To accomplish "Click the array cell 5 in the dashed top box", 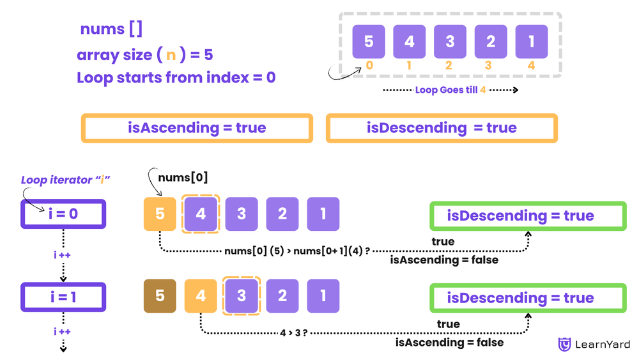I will pyautogui.click(x=369, y=42).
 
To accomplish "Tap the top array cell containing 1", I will pyautogui.click(x=532, y=42).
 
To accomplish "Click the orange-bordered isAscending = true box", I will pyautogui.click(x=197, y=128).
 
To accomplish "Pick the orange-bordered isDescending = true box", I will pyautogui.click(x=442, y=128).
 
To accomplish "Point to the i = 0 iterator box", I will pyautogui.click(x=63, y=214).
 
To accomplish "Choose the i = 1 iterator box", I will pyautogui.click(x=63, y=297).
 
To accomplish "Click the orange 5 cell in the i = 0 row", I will pyautogui.click(x=160, y=214).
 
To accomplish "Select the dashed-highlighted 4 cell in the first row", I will pyautogui.click(x=201, y=214).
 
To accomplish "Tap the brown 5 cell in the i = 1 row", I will pyautogui.click(x=160, y=296).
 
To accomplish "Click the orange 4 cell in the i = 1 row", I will pyautogui.click(x=201, y=296).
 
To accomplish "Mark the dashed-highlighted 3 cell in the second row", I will pyautogui.click(x=242, y=296).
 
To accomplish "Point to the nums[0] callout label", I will pyautogui.click(x=183, y=178).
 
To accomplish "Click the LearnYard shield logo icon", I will pyautogui.click(x=565, y=345).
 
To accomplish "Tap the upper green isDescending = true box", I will pyautogui.click(x=528, y=216).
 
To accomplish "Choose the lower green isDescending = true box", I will pyautogui.click(x=528, y=298).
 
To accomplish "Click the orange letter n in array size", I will pyautogui.click(x=171, y=55).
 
